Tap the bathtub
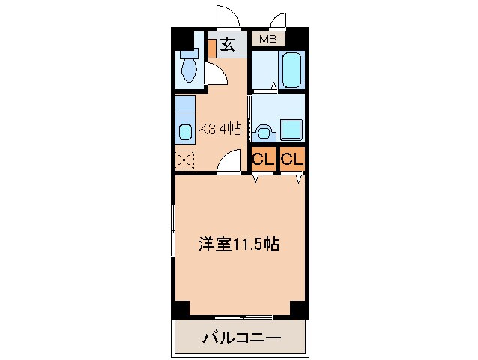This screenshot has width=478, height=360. click(291, 70)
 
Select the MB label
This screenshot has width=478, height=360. click(267, 39)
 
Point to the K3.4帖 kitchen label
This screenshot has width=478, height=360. click(219, 129)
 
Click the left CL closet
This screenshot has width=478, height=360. click(261, 159)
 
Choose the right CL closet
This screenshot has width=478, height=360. click(291, 159)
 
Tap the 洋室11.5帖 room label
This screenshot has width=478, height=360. click(238, 244)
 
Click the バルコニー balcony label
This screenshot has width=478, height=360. click(241, 338)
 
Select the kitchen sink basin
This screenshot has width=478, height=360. click(186, 131)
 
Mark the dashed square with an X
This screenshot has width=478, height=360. click(184, 160)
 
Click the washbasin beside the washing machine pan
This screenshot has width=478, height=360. click(263, 132)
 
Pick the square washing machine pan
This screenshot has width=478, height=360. click(291, 130)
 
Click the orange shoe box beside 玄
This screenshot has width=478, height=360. click(212, 46)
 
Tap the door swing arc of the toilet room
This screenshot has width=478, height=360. click(217, 74)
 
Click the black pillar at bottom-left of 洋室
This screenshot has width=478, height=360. click(181, 307)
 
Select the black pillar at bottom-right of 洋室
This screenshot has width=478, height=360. click(298, 307)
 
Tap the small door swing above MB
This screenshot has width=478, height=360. click(281, 19)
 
